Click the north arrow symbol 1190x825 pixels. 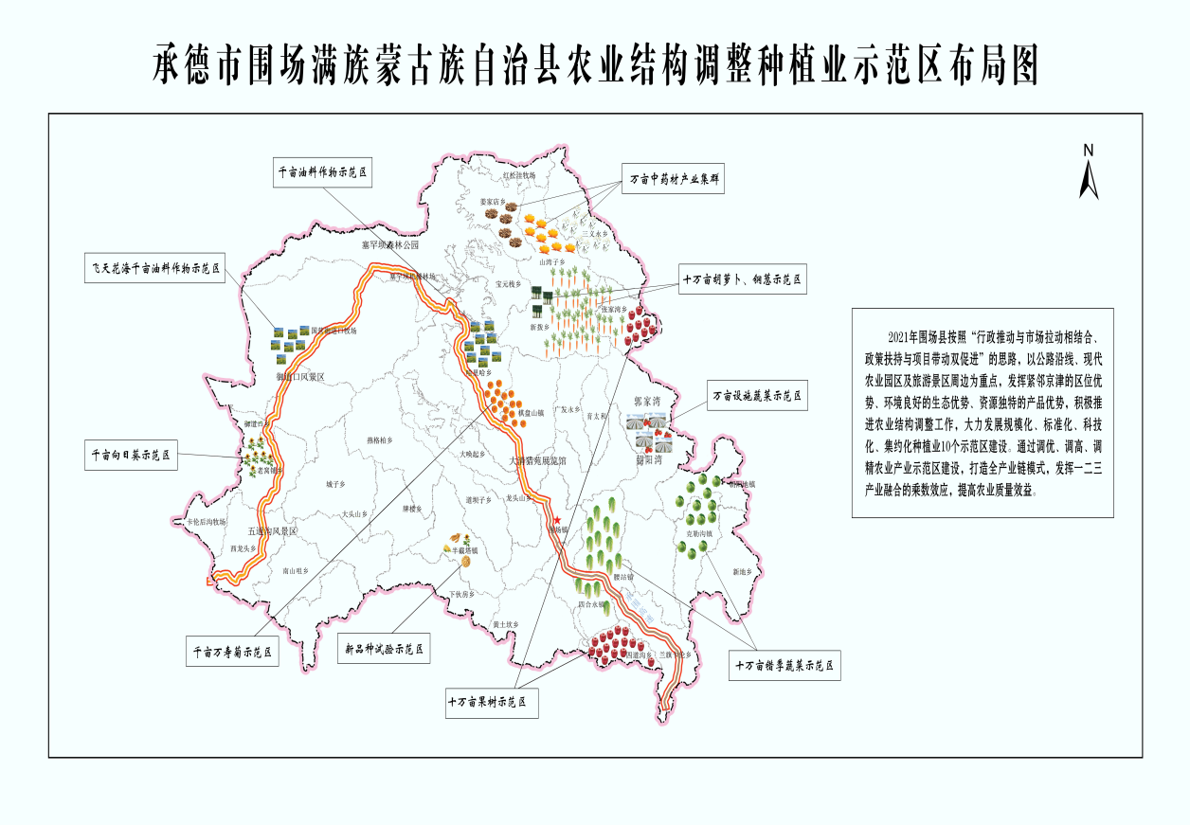1089,172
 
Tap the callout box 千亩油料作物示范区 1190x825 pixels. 321,173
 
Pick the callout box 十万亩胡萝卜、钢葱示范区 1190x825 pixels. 743,280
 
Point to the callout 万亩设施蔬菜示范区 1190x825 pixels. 758,396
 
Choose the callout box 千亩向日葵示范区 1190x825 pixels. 131,455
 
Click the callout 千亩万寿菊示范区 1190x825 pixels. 232,652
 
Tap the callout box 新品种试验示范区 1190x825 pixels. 384,649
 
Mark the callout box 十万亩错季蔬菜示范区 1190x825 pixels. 786,666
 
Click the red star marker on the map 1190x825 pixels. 557,520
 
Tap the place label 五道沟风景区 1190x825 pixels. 272,532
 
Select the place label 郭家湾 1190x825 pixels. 653,403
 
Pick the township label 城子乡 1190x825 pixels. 336,484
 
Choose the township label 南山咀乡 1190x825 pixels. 296,571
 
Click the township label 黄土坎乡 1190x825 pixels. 506,624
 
